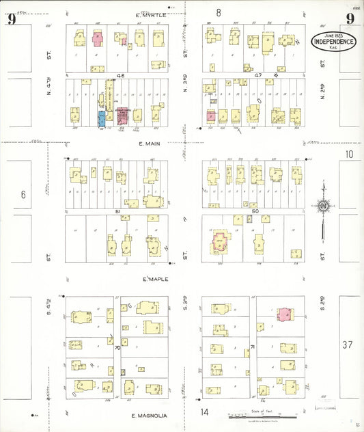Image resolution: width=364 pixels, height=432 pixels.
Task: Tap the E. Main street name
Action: point(148,144)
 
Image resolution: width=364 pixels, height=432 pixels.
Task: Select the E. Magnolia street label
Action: point(148,416)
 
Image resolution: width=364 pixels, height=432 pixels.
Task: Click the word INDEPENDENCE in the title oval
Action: point(333,42)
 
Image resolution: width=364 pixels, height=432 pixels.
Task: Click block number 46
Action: point(120,75)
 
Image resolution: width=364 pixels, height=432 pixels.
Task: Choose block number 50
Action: point(255,212)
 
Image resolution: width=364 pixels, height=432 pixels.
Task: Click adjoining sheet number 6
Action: point(23,195)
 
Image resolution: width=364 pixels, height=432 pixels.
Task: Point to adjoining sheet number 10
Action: point(349,154)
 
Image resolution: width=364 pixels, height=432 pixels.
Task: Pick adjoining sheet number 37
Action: point(348,345)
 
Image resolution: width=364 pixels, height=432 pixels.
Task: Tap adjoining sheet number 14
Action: point(204,412)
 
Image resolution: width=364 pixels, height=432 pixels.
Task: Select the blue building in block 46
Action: point(102,118)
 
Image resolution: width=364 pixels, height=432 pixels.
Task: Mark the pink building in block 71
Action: point(284,314)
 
